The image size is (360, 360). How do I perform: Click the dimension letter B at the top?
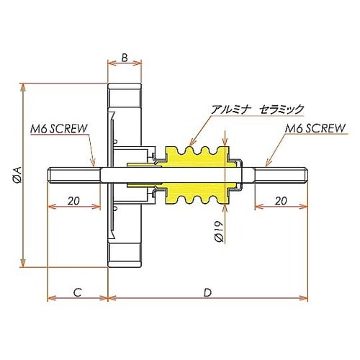click(124, 57)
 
